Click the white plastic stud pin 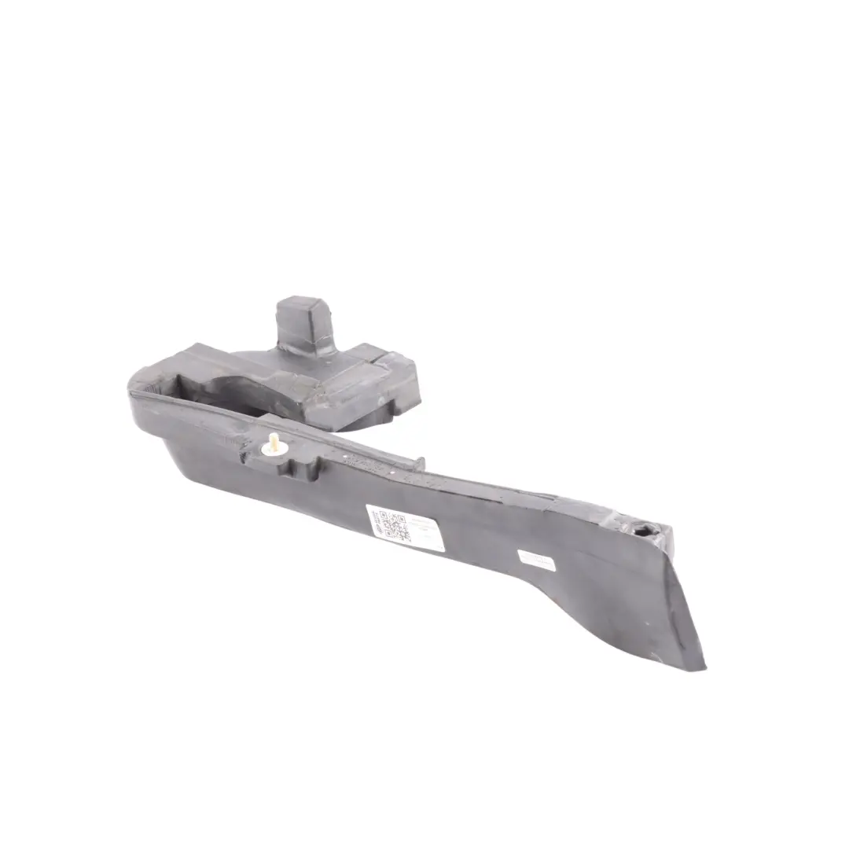click(274, 440)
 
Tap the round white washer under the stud click(270, 451)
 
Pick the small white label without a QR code click(536, 559)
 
